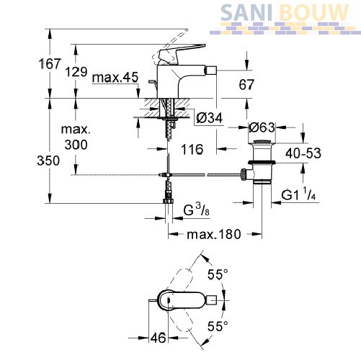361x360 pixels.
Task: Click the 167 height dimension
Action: tap(50, 63)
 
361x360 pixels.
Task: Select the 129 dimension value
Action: tap(76, 71)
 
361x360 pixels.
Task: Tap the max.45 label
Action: tap(115, 77)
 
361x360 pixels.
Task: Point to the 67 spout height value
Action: tap(246, 84)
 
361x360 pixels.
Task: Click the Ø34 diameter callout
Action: tap(210, 117)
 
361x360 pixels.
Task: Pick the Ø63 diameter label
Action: tap(262, 127)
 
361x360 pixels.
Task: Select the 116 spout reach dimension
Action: tap(192, 149)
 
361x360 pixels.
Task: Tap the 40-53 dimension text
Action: tap(303, 153)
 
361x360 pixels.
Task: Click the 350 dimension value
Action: tap(48, 161)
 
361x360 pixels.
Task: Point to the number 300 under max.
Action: tap(76, 145)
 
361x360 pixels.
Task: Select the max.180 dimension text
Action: tap(214, 234)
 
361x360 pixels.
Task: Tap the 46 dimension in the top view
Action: tap(158, 338)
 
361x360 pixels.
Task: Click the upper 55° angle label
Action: tap(218, 274)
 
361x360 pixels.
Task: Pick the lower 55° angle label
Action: tap(218, 325)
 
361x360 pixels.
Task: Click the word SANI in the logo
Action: tap(246, 13)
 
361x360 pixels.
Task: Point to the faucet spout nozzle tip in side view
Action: tap(213, 71)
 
